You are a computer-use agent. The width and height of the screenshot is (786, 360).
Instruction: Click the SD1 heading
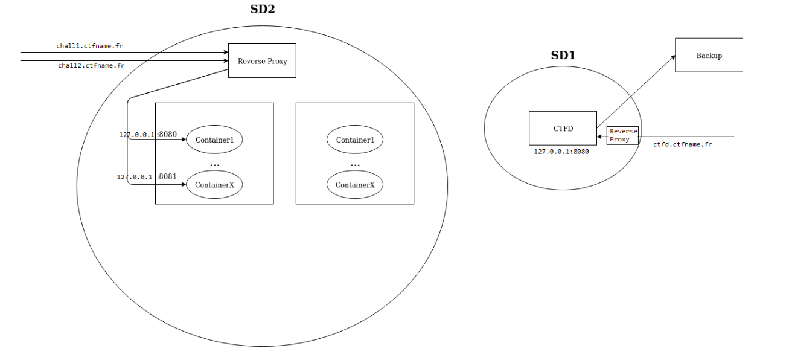[x=563, y=55]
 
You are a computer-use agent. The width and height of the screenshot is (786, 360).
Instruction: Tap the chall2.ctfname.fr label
[x=91, y=65]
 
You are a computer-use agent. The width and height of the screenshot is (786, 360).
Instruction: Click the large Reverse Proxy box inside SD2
[x=262, y=60]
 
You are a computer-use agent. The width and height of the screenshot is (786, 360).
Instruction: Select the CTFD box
[x=563, y=128]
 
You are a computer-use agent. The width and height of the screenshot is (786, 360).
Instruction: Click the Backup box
[x=709, y=56]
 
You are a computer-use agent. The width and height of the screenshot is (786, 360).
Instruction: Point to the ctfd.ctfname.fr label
[x=682, y=145]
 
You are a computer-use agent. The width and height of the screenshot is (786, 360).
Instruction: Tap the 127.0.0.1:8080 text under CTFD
[x=561, y=152]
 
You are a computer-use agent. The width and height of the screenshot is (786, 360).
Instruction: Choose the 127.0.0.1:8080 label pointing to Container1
[x=148, y=135]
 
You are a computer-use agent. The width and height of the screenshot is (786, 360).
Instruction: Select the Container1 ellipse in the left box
[x=214, y=140]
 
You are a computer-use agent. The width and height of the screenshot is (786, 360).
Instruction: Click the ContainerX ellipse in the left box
[x=214, y=185]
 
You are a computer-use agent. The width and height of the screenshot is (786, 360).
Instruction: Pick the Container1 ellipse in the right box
[x=355, y=140]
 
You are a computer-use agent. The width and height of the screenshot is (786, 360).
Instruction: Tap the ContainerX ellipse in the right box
[x=355, y=185]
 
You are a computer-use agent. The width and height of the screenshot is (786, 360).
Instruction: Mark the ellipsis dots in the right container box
[x=355, y=164]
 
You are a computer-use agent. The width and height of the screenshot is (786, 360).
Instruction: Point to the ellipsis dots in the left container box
[x=214, y=164]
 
